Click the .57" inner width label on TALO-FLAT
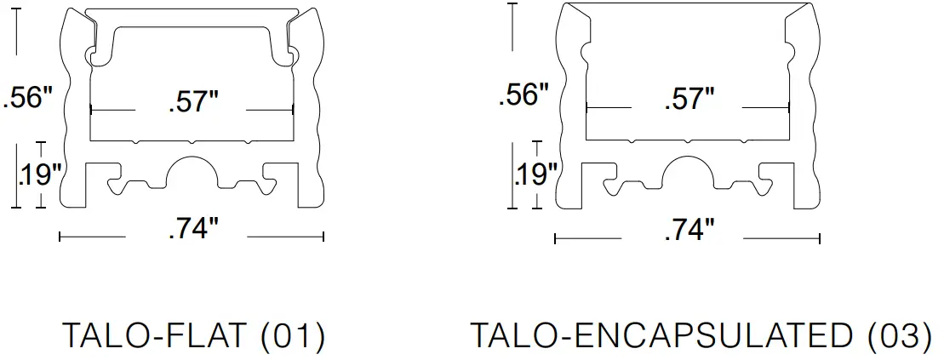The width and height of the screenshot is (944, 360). pyautogui.click(x=192, y=103)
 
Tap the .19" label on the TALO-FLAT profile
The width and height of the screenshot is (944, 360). pyautogui.click(x=38, y=174)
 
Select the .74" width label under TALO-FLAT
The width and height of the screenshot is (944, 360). pyautogui.click(x=193, y=230)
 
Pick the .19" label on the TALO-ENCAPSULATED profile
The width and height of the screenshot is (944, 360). pyautogui.click(x=535, y=174)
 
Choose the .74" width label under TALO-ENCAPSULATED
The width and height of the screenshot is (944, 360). pyautogui.click(x=688, y=230)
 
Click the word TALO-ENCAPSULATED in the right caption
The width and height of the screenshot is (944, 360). pyautogui.click(x=661, y=336)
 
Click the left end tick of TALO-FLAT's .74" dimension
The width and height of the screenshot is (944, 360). pyautogui.click(x=60, y=236)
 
